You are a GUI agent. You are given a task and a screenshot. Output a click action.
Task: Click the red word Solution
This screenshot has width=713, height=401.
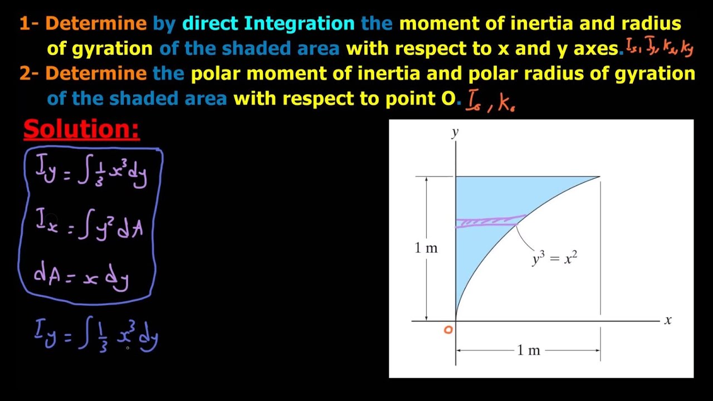[81, 129]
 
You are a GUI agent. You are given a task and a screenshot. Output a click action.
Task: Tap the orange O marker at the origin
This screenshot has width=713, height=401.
[448, 330]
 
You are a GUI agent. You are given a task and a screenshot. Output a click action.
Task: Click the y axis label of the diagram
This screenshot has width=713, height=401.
[455, 132]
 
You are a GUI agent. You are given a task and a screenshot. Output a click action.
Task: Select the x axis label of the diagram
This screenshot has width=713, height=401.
[668, 320]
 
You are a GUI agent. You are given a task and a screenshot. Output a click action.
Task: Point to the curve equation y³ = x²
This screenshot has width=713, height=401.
[554, 258]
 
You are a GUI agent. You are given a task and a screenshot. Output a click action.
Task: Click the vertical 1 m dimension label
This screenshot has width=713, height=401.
[426, 248]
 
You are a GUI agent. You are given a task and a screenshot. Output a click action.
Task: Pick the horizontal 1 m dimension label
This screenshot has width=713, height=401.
[528, 350]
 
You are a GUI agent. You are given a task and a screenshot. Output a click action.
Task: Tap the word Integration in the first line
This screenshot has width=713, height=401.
[299, 23]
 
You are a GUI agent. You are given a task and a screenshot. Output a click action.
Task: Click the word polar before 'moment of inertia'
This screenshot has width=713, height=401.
[214, 74]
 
